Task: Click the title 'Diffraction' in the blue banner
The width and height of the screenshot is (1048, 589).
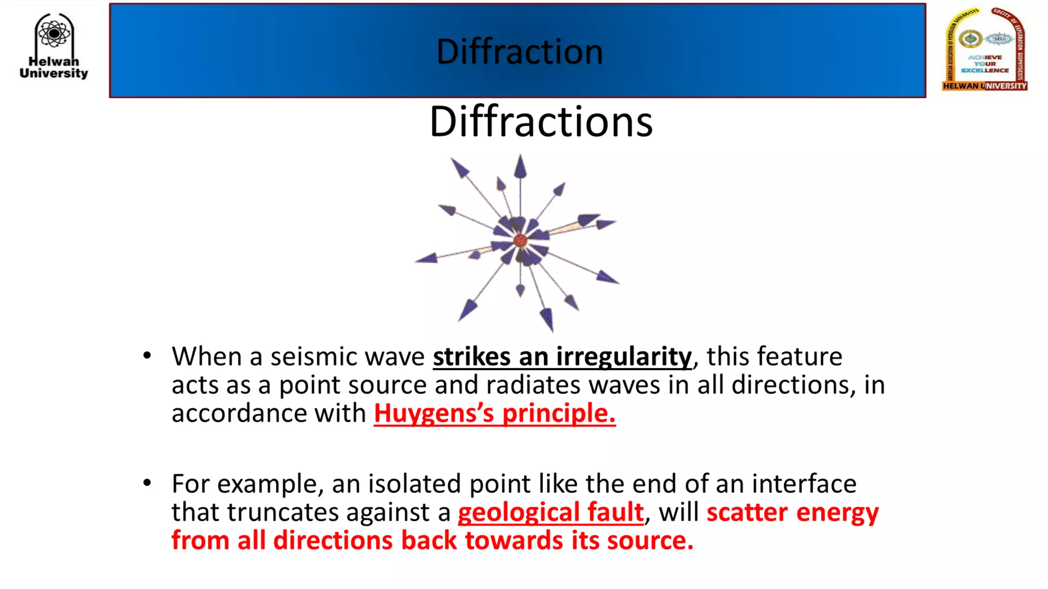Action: (519, 52)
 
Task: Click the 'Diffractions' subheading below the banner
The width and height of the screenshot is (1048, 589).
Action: (541, 122)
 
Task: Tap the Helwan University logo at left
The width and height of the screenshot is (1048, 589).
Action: (54, 46)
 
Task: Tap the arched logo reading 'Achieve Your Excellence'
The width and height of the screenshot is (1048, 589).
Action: (985, 49)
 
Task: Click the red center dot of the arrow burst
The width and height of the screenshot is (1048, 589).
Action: (520, 240)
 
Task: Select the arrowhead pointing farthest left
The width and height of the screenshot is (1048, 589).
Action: (426, 259)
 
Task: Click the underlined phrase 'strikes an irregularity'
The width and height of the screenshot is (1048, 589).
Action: (562, 356)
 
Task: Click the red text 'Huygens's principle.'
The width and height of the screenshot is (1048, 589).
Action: (494, 413)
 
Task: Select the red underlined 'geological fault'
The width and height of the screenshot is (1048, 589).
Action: (551, 512)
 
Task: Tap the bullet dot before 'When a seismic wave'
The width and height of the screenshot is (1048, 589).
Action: (147, 355)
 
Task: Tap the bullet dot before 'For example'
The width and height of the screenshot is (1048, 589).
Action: (147, 483)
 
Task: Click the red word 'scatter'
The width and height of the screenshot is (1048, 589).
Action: (747, 512)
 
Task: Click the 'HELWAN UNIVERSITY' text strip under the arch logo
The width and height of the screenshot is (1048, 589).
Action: (985, 86)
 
